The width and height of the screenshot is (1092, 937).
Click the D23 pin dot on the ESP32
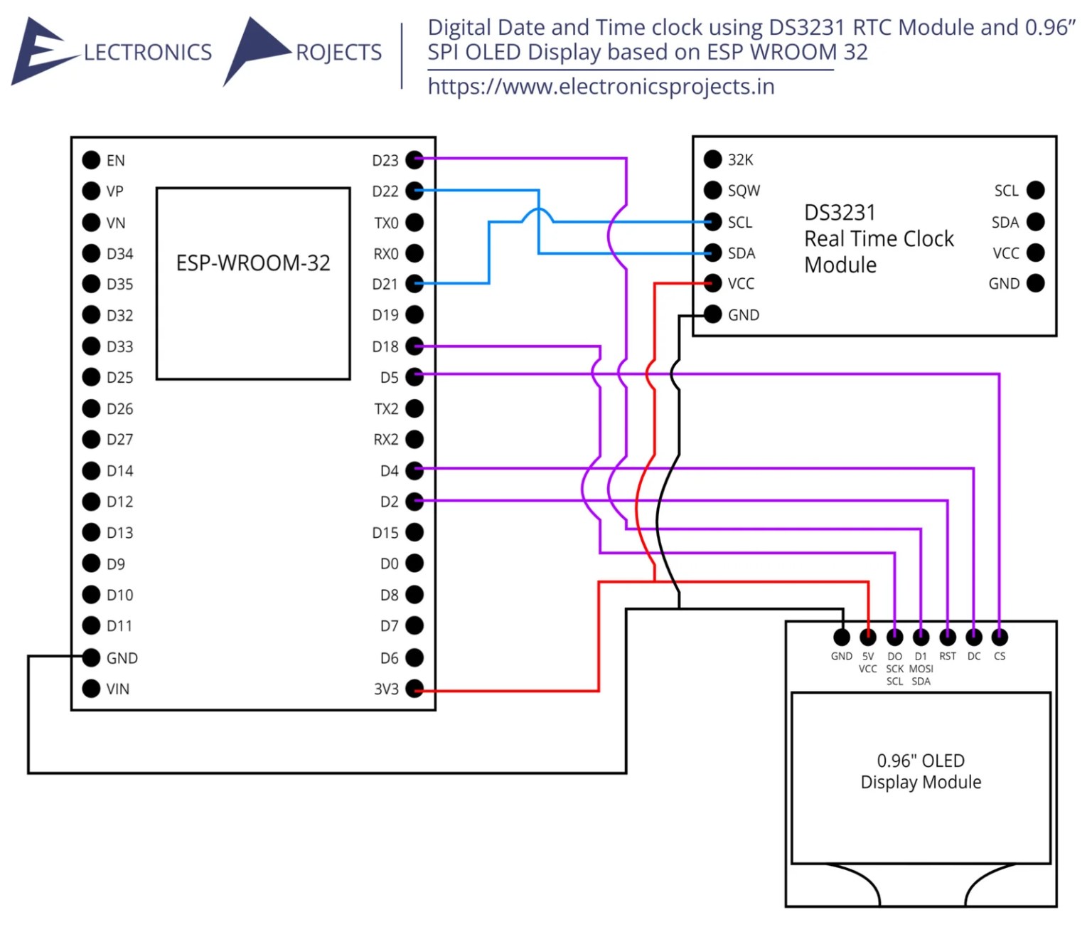click(x=414, y=160)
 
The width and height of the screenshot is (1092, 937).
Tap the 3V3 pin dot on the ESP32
click(x=414, y=689)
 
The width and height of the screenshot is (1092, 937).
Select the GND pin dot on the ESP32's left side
click(x=91, y=657)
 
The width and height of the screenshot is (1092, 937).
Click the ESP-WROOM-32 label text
click(x=253, y=263)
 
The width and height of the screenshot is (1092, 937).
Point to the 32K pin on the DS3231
click(x=712, y=159)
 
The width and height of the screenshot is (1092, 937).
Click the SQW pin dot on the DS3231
click(x=712, y=191)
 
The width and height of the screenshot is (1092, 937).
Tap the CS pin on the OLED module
click(x=1000, y=637)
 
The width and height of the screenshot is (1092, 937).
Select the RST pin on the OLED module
click(x=947, y=637)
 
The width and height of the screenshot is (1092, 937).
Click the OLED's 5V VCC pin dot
click(x=868, y=637)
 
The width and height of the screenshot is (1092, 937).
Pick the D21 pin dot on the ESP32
click(x=414, y=284)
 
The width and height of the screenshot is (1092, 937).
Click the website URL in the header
click(x=601, y=87)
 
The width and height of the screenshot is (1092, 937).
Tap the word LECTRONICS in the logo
click(x=148, y=53)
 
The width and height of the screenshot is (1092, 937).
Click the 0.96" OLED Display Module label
click(x=921, y=771)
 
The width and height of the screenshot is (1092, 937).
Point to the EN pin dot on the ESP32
click(x=91, y=160)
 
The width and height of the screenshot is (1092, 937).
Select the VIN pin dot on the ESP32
click(x=91, y=689)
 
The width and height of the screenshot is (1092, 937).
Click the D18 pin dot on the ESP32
click(x=414, y=346)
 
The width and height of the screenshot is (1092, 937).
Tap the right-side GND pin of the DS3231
click(x=1036, y=283)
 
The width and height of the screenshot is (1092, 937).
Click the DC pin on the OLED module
click(x=973, y=637)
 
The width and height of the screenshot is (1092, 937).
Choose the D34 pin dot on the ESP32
click(x=91, y=253)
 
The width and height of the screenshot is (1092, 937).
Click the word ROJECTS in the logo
click(x=338, y=53)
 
